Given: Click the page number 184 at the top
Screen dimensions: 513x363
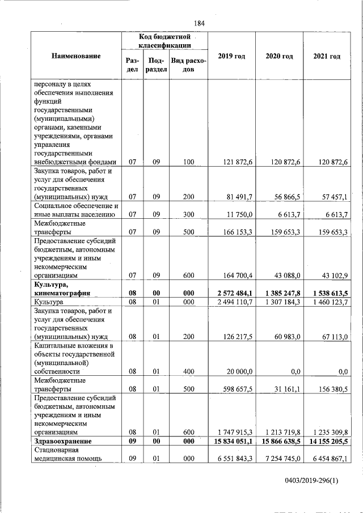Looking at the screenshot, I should point(199,23).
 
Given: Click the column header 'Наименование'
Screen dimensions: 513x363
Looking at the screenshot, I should point(76,56).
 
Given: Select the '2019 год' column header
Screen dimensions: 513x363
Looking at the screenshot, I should point(231,56).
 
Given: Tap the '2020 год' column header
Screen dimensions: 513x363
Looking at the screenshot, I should point(279,56).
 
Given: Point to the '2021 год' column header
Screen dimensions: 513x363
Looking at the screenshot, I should point(327,56).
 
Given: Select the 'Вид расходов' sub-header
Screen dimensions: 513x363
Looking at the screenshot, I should point(188,65).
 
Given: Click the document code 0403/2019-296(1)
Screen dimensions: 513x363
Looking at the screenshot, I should point(311,481).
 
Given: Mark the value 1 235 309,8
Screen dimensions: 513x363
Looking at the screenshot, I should point(327,432).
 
